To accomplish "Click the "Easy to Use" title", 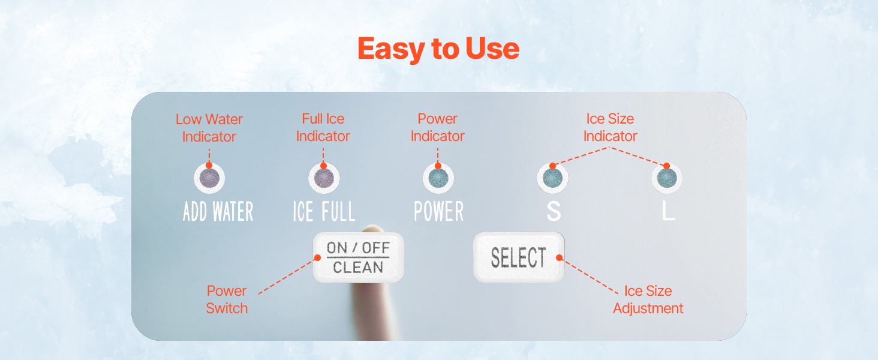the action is click(438, 49).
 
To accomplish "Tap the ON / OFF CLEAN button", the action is click(358, 257).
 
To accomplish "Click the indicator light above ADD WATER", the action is click(209, 178).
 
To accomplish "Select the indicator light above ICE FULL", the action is click(324, 178).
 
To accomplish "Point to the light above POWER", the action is click(438, 178).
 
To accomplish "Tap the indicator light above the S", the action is click(553, 178).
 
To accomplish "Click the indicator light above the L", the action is click(667, 178).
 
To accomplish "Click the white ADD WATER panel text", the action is click(218, 211).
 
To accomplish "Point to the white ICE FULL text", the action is click(324, 211).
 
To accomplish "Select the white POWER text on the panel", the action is click(438, 211).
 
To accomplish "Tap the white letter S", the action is click(554, 211).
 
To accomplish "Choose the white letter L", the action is click(668, 211).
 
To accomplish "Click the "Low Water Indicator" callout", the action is click(209, 128).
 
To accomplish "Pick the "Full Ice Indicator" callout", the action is click(323, 127).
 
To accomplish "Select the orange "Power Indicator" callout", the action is click(437, 127).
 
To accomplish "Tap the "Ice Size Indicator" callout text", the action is click(610, 127).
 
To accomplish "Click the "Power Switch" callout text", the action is click(227, 299).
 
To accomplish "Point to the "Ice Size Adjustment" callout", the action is click(648, 299).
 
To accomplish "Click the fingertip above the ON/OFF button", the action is click(372, 229).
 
